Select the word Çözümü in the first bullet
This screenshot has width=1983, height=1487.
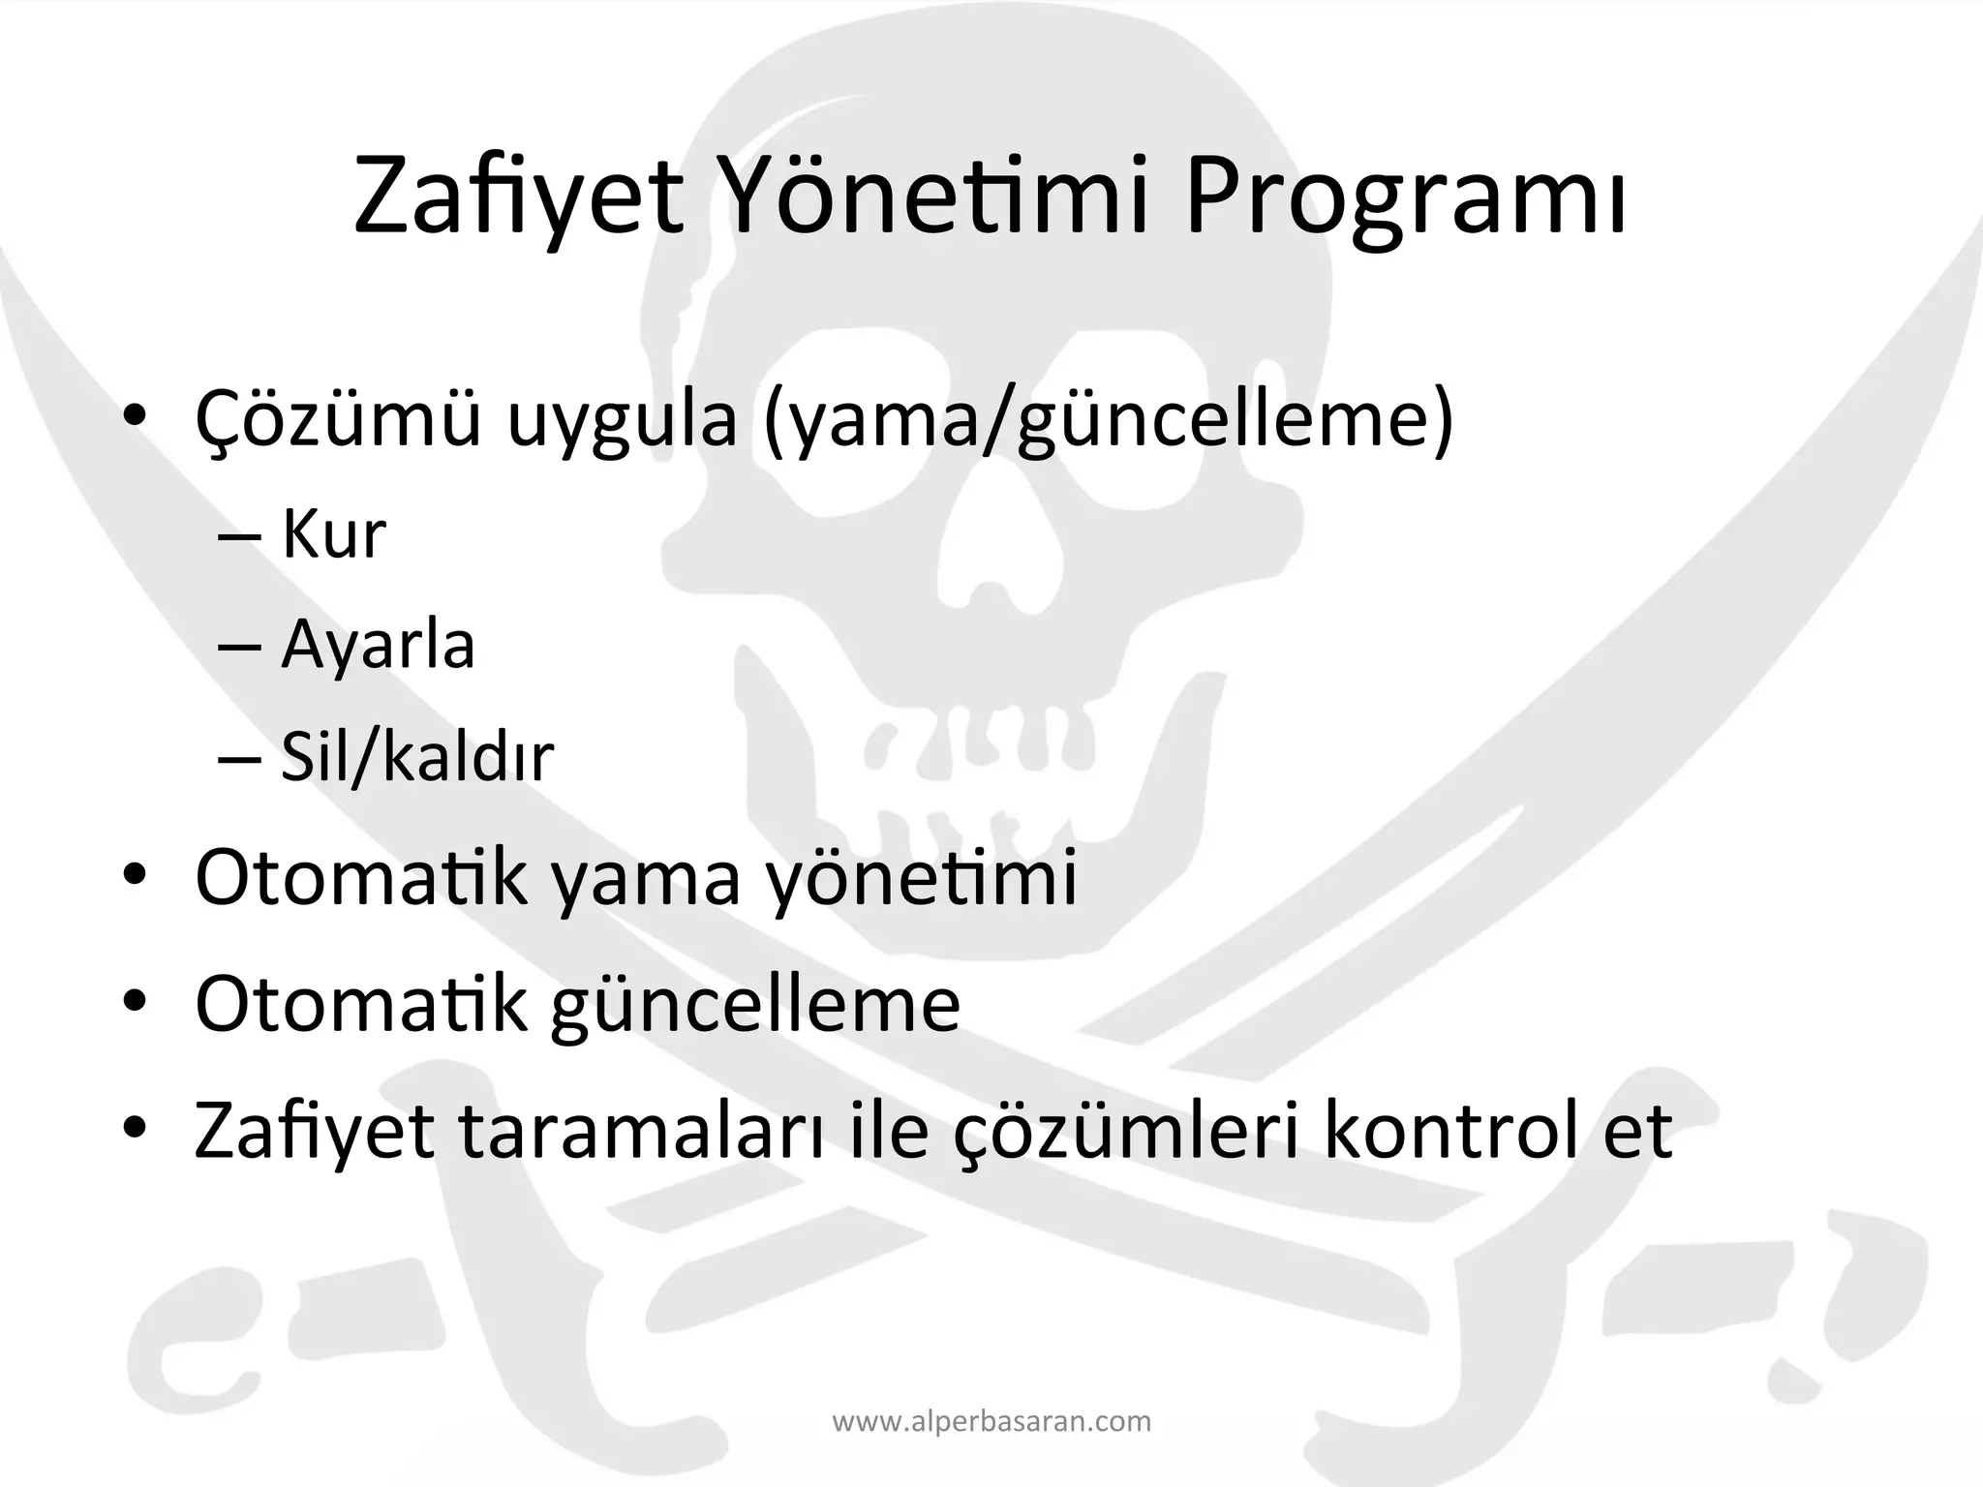point(338,418)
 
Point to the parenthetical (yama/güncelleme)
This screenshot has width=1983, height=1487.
point(1109,420)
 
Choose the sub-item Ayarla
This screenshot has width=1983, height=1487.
point(378,645)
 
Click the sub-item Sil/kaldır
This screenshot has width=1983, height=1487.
point(416,757)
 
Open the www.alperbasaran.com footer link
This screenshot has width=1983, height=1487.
point(991,1422)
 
